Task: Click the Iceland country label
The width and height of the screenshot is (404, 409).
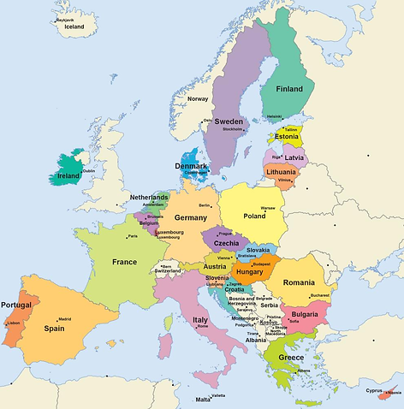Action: pyautogui.click(x=74, y=27)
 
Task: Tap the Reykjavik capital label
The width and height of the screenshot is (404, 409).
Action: pyautogui.click(x=66, y=19)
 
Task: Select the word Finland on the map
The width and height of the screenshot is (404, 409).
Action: pyautogui.click(x=288, y=88)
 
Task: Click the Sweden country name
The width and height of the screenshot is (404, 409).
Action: pyautogui.click(x=229, y=122)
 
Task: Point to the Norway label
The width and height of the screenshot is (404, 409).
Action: pyautogui.click(x=198, y=98)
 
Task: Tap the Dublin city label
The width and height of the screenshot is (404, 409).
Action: pyautogui.click(x=88, y=170)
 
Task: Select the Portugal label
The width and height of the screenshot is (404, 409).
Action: pyautogui.click(x=16, y=305)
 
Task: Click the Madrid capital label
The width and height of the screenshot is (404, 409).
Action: pyautogui.click(x=64, y=319)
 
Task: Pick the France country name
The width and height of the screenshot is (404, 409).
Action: pyautogui.click(x=124, y=262)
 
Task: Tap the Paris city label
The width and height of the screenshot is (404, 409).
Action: pyautogui.click(x=132, y=236)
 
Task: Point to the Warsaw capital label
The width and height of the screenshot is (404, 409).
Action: pyautogui.click(x=268, y=208)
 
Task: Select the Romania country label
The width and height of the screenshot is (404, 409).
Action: pyautogui.click(x=300, y=282)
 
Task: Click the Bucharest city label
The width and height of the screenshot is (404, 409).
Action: pyautogui.click(x=319, y=295)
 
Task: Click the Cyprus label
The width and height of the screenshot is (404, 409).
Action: pyautogui.click(x=375, y=390)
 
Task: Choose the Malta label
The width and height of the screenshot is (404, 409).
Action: pyautogui.click(x=203, y=400)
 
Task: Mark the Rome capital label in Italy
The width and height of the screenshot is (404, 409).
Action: pyautogui.click(x=203, y=326)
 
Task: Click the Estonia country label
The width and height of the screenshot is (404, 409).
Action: pyautogui.click(x=287, y=137)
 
